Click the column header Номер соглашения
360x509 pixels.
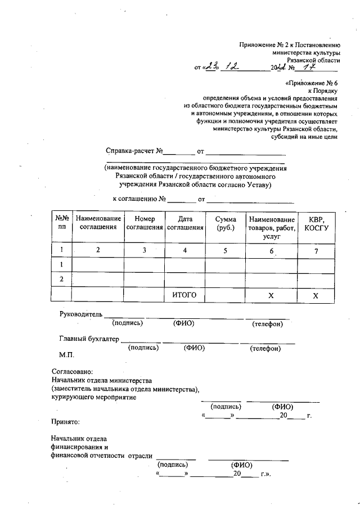[144, 223]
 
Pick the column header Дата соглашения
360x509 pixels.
[184, 223]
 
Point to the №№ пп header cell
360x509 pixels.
[61, 223]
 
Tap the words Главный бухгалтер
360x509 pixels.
[89, 339]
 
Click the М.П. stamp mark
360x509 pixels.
[66, 355]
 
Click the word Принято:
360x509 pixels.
[65, 421]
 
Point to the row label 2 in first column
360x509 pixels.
[61, 279]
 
